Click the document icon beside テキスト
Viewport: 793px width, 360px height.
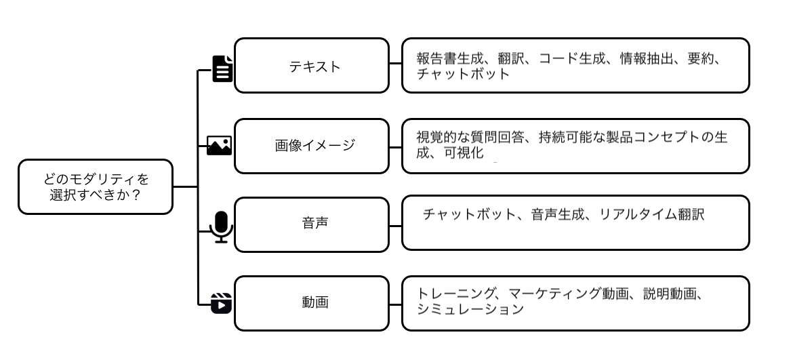pos(222,68)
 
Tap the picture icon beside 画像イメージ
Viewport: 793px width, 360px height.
pos(219,145)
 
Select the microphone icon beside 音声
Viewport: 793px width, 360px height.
pos(221,226)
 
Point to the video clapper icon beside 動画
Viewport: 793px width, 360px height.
pos(221,302)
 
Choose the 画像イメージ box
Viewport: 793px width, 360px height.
pos(311,146)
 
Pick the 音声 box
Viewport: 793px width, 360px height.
pos(311,224)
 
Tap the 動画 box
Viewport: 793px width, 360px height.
pos(311,302)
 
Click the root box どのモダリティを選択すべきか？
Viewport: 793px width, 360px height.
pos(96,186)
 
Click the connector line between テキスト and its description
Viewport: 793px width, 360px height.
pos(395,66)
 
